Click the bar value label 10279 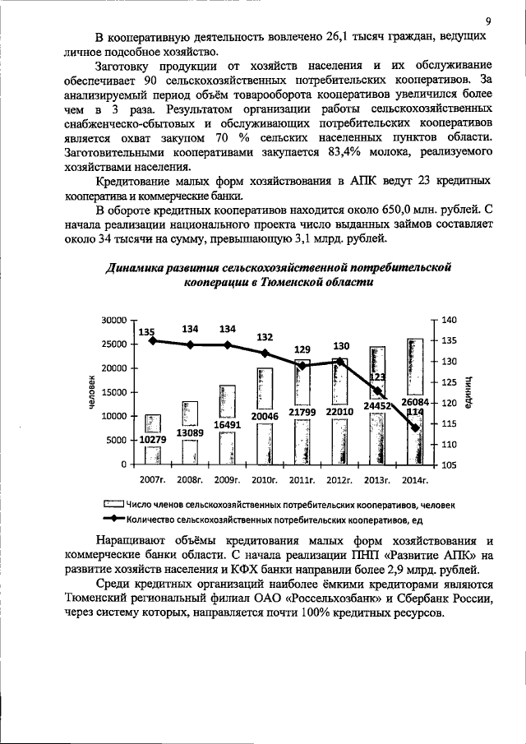tap(153, 440)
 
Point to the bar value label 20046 tap(265, 416)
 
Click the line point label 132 tap(265, 337)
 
